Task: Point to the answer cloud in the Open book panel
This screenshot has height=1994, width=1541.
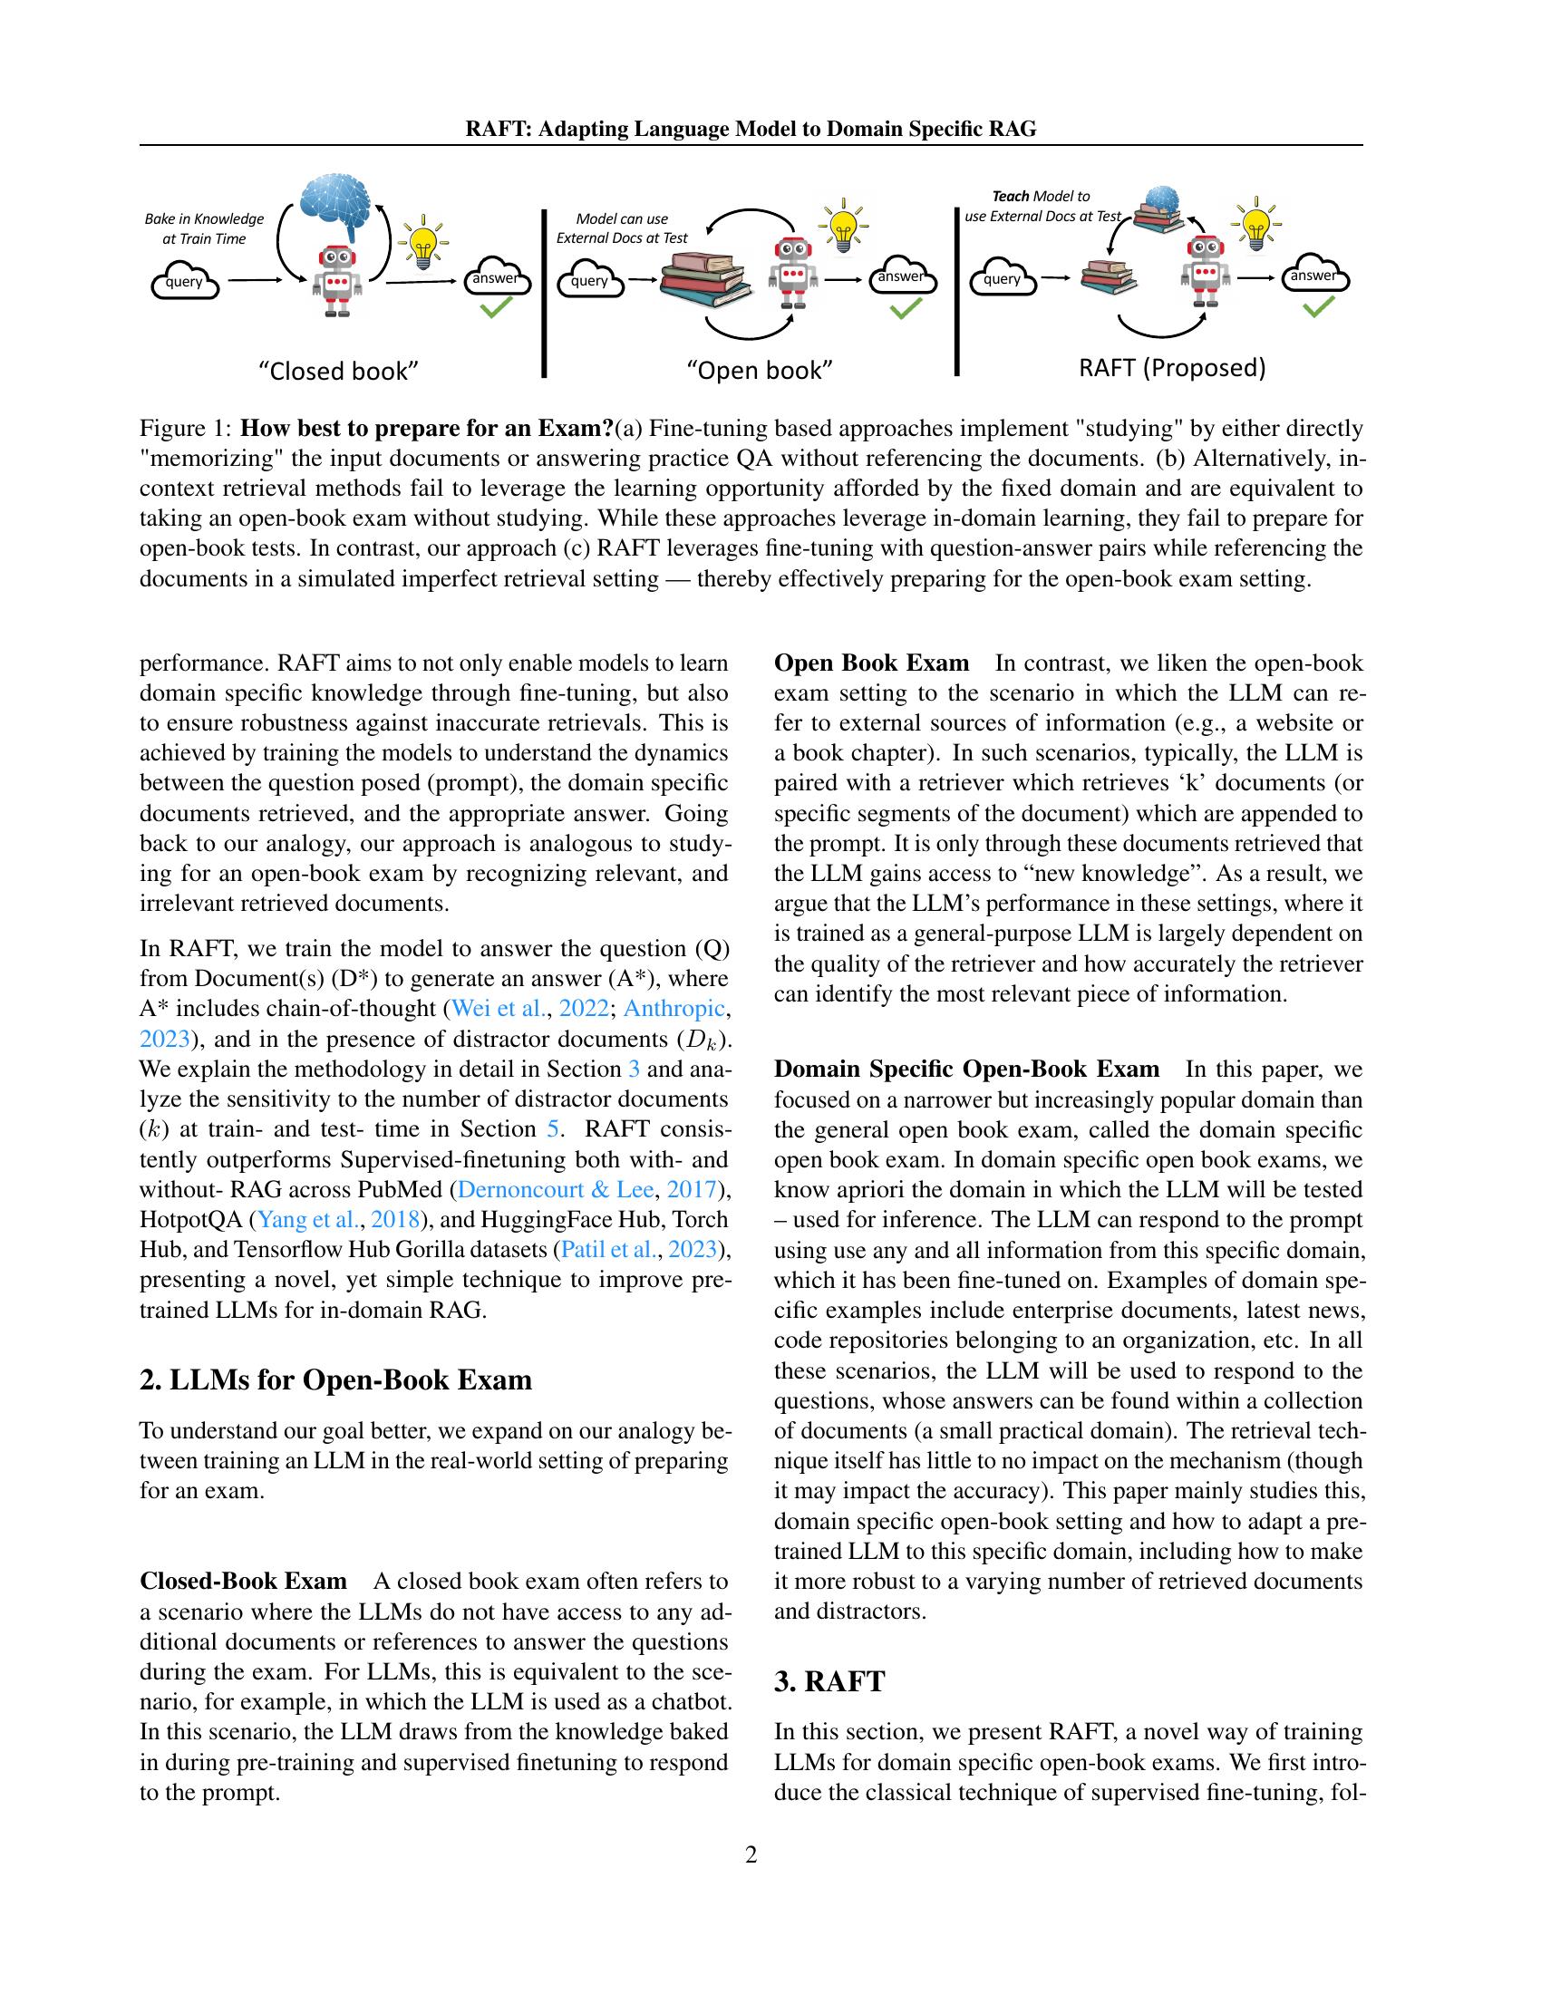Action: coord(901,276)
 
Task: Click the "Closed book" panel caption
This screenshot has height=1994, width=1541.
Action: coord(339,371)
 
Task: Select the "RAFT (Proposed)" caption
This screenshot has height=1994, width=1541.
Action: coord(1172,367)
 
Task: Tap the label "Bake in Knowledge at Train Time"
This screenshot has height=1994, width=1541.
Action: coord(205,228)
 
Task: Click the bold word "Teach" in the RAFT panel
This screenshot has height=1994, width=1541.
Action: coord(1010,197)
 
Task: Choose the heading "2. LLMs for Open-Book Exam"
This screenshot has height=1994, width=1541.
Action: coord(335,1379)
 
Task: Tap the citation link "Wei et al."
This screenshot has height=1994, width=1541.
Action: coord(498,1008)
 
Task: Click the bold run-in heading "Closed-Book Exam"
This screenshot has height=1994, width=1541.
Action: coord(243,1581)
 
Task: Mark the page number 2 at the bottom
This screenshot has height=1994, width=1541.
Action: coord(751,1854)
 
